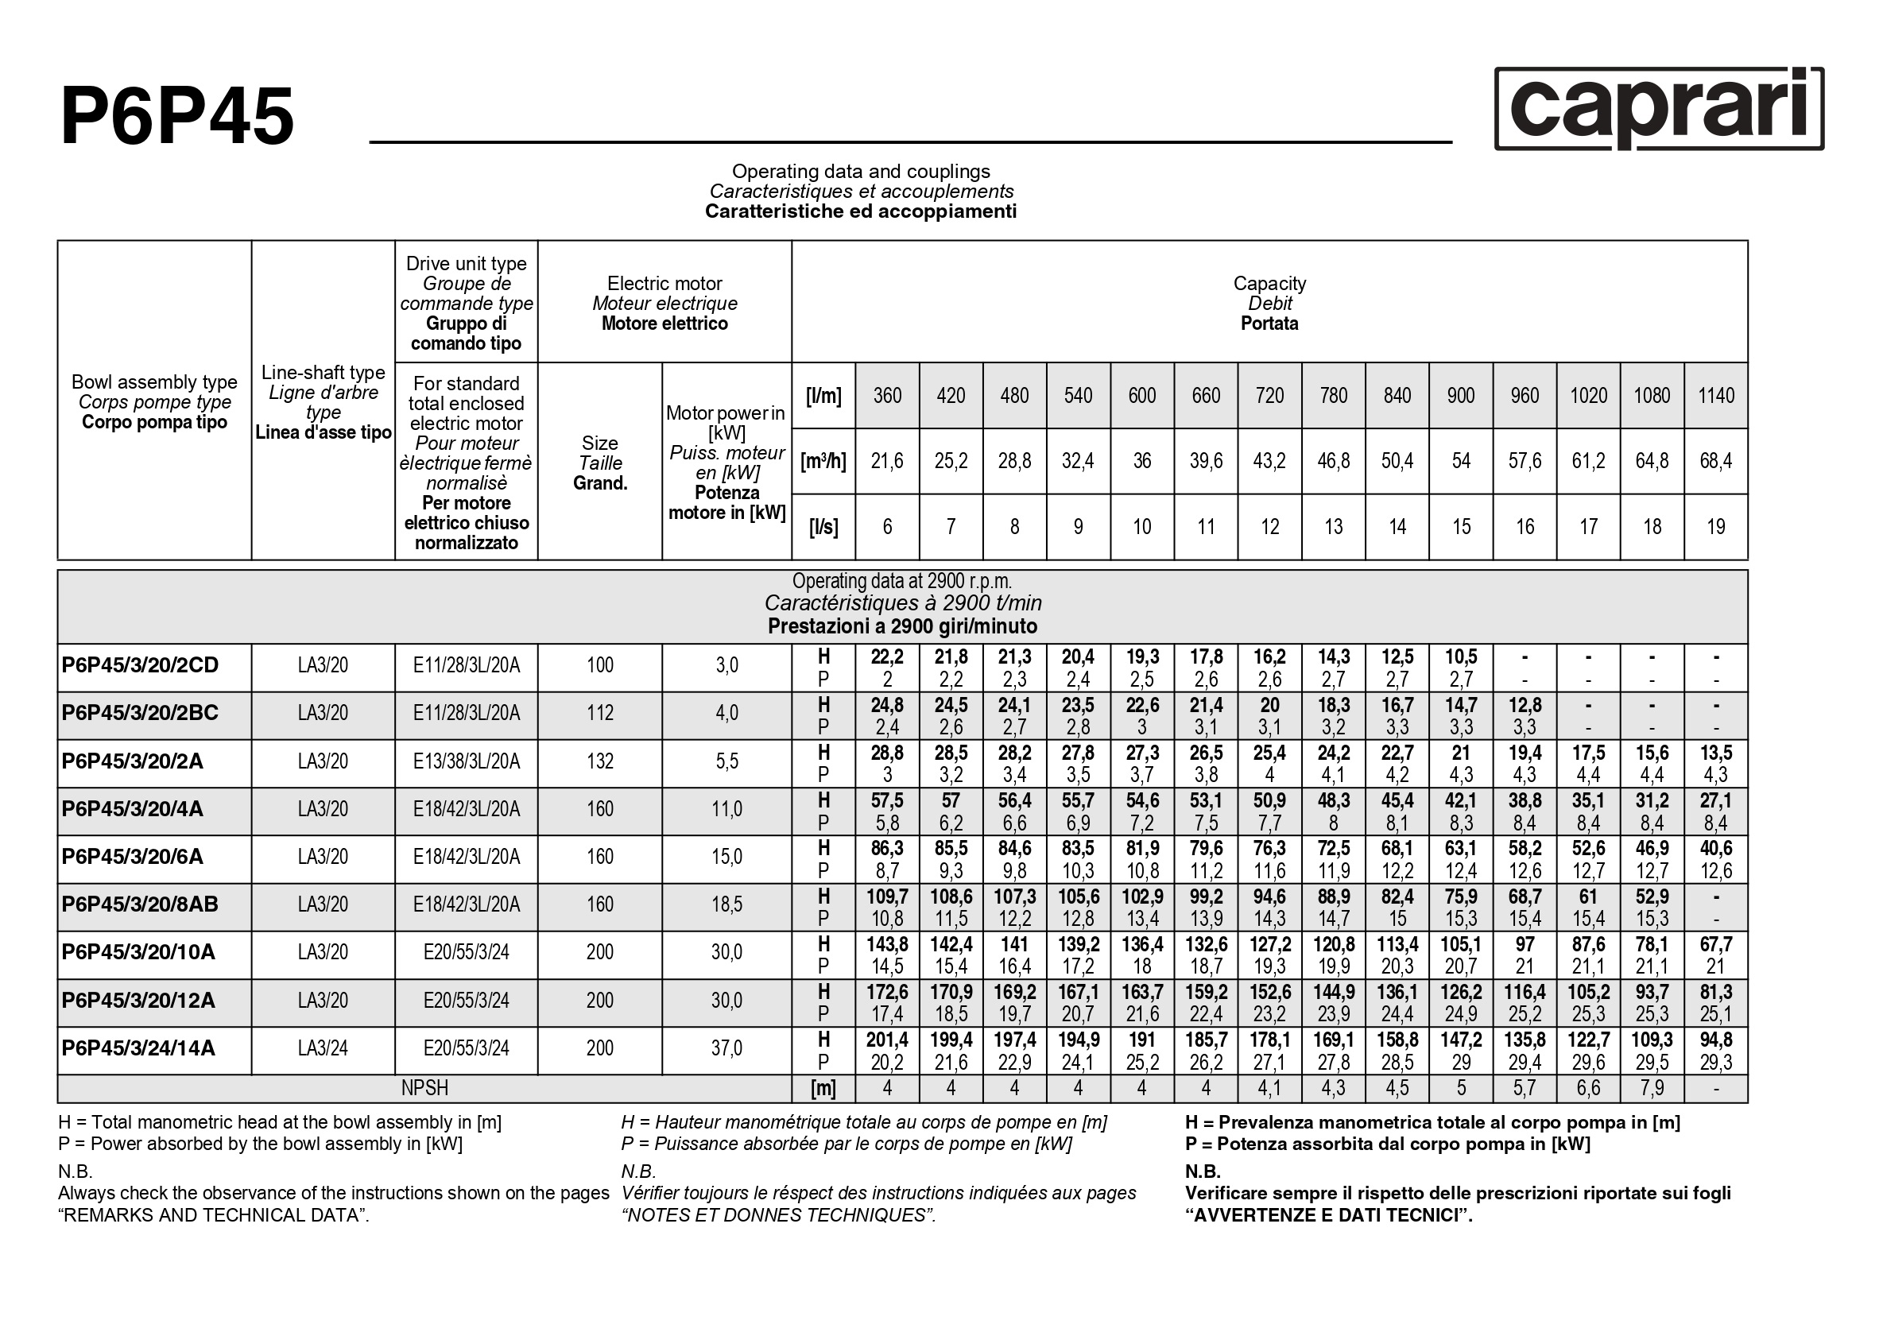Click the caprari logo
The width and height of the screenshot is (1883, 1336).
click(x=1658, y=110)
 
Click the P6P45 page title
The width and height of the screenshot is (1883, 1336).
click(x=177, y=117)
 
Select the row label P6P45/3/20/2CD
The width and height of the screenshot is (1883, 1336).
click(x=140, y=664)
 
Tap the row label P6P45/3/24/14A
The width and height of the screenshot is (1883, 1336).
click(x=138, y=1048)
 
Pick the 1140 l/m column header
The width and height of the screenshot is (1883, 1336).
click(x=1715, y=396)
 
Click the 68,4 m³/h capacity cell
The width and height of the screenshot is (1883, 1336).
click(x=1715, y=461)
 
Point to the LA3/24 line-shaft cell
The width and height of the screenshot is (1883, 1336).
click(x=323, y=1048)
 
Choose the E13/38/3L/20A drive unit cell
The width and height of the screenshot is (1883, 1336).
click(x=467, y=761)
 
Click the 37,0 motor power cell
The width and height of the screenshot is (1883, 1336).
click(x=726, y=1048)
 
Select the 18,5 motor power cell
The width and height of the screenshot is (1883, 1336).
click(x=726, y=904)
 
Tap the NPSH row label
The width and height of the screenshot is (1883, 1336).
click(x=424, y=1088)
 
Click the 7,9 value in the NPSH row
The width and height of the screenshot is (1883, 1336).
click(x=1652, y=1088)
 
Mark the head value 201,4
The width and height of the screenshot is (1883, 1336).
click(x=887, y=1040)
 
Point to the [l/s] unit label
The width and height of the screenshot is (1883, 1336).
click(x=823, y=526)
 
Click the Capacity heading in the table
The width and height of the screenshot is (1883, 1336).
click(x=1269, y=283)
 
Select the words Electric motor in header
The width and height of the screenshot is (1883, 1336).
click(x=664, y=283)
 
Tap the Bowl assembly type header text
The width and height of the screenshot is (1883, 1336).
click(x=155, y=381)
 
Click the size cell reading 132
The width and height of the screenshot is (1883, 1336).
click(x=599, y=761)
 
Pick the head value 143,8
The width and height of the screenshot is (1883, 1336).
click(x=887, y=944)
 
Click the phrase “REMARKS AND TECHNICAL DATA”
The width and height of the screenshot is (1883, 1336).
click(x=213, y=1215)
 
